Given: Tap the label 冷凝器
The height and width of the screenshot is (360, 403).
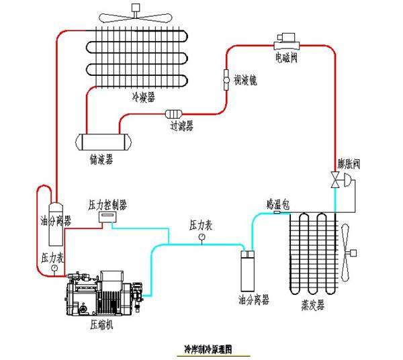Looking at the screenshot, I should coord(143,98).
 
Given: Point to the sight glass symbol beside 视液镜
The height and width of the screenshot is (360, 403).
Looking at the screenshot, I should coord(226,80).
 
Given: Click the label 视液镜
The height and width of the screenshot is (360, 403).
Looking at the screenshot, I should coord(244,80).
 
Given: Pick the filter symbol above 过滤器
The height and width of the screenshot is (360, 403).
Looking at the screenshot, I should coord(174,114).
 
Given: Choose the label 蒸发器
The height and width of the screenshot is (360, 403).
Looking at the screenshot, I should coord(312,305).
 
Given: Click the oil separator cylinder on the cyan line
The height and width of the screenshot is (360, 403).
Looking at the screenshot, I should coord(249,269).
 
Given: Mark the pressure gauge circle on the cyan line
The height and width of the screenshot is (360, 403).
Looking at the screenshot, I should coord(201,236).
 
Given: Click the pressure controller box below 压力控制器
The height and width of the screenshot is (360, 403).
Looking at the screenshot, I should coord(108,217).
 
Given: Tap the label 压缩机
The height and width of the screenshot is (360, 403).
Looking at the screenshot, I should coord(99,324).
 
